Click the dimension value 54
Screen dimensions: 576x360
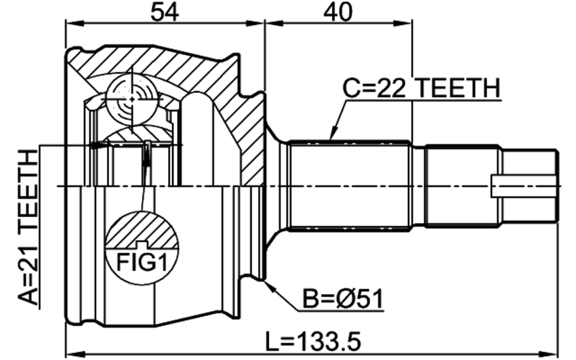(164, 12)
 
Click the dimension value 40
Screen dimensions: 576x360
(337, 12)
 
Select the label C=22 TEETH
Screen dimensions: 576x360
(421, 89)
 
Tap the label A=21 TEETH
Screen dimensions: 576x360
(28, 227)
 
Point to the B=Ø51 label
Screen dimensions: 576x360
(343, 299)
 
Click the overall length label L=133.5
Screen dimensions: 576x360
(313, 341)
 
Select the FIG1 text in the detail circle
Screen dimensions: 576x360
(142, 262)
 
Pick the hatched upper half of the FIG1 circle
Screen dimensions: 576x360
(142, 230)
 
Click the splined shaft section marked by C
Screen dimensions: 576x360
(349, 186)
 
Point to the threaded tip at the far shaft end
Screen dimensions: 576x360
(529, 186)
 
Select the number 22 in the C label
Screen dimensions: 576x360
(392, 89)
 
